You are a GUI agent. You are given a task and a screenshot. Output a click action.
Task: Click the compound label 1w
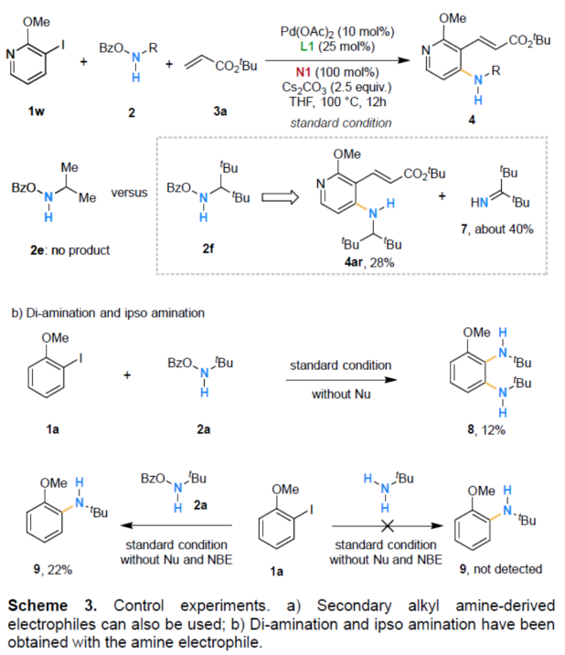pyautogui.click(x=36, y=113)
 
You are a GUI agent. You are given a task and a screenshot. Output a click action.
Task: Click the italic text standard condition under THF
pyautogui.click(x=328, y=122)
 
